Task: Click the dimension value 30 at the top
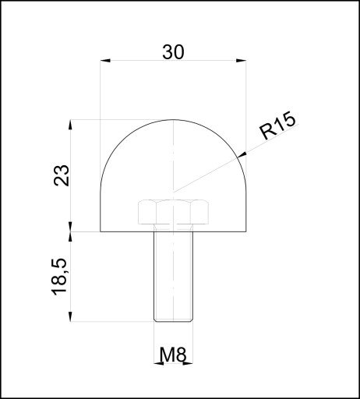tap(173, 52)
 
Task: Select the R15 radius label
tap(278, 125)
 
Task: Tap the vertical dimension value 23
tap(62, 175)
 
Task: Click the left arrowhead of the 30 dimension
tap(105, 61)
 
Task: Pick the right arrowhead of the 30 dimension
tap(241, 61)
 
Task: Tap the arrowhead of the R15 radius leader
tap(242, 155)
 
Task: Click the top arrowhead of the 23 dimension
tap(70, 125)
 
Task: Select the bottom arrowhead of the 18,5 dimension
tap(70, 316)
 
